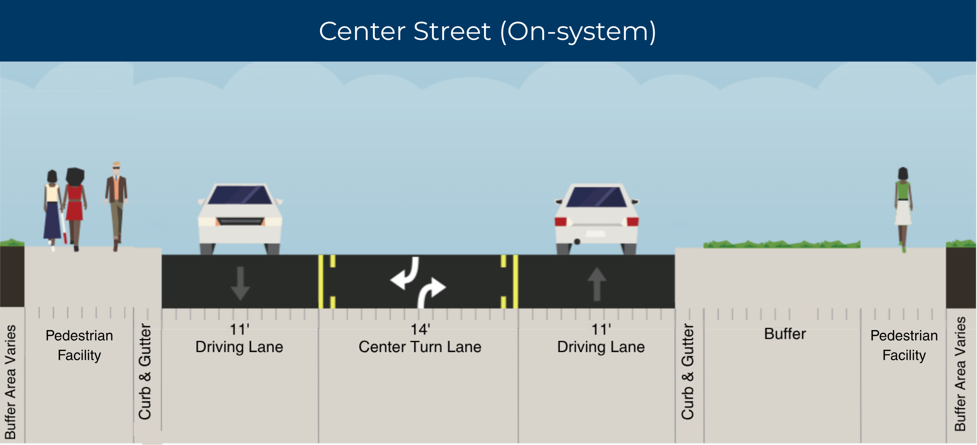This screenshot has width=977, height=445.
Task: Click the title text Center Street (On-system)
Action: tap(488, 31)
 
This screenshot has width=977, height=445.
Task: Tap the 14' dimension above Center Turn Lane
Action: tap(420, 329)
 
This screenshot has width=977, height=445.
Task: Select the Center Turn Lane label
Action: tap(420, 347)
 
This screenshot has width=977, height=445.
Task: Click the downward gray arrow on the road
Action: tap(240, 284)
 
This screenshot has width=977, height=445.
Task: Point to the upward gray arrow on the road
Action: tap(597, 284)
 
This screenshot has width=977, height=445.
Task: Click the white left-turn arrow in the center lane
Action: tap(406, 273)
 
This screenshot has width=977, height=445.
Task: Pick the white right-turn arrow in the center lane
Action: tap(431, 293)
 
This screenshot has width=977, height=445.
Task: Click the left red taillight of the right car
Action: tap(561, 222)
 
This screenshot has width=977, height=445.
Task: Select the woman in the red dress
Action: tap(75, 209)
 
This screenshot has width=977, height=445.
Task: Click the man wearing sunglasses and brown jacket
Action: tap(116, 206)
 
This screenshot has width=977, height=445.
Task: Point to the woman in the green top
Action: tap(903, 209)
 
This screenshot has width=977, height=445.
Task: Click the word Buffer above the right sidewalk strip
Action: tap(785, 334)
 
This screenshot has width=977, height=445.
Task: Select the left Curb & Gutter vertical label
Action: tap(145, 372)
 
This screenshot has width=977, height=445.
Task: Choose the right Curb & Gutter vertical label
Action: tap(688, 372)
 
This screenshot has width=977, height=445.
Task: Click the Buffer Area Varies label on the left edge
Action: tap(10, 382)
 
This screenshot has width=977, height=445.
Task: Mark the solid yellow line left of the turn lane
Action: tap(321, 282)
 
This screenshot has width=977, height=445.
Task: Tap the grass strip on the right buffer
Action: tap(782, 244)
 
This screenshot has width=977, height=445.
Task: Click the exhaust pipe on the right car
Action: tap(577, 242)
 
